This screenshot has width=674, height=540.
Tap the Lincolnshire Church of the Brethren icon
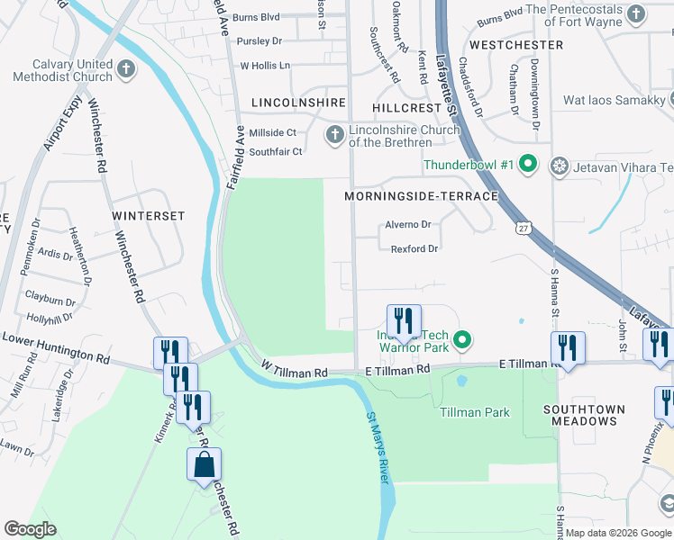point(334,135)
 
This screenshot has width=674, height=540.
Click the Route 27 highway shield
point(523,229)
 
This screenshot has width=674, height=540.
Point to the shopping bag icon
point(205,466)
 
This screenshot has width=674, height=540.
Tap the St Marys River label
point(378,448)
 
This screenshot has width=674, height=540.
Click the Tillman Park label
point(474,413)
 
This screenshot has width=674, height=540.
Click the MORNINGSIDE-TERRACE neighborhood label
point(421,196)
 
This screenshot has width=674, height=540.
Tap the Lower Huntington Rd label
point(57,347)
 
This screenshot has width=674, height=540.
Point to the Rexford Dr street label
point(414,248)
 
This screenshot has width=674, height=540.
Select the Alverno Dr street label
point(408,224)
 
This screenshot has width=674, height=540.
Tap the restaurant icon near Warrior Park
point(403,321)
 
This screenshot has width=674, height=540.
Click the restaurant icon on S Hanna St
point(568,347)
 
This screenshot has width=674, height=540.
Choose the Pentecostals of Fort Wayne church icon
point(636,13)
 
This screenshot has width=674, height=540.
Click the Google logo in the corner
point(30,529)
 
